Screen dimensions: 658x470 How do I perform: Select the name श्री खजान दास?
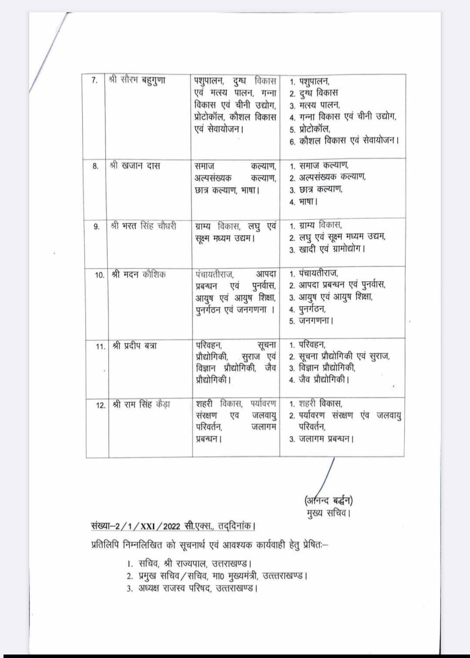[135, 166]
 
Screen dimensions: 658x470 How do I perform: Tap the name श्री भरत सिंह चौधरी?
[144, 226]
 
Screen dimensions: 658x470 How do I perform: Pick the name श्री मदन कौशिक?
[138, 275]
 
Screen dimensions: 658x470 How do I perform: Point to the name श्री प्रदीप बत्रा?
[134, 346]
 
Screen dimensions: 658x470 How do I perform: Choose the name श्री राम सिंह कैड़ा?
[141, 404]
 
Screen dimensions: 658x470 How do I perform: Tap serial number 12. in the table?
[100, 405]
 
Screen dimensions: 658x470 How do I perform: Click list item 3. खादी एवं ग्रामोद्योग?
[327, 249]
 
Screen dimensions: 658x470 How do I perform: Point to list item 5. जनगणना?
[312, 321]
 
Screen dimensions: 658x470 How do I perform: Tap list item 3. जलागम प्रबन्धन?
[322, 439]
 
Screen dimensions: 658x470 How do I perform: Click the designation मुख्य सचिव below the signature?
[329, 513]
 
